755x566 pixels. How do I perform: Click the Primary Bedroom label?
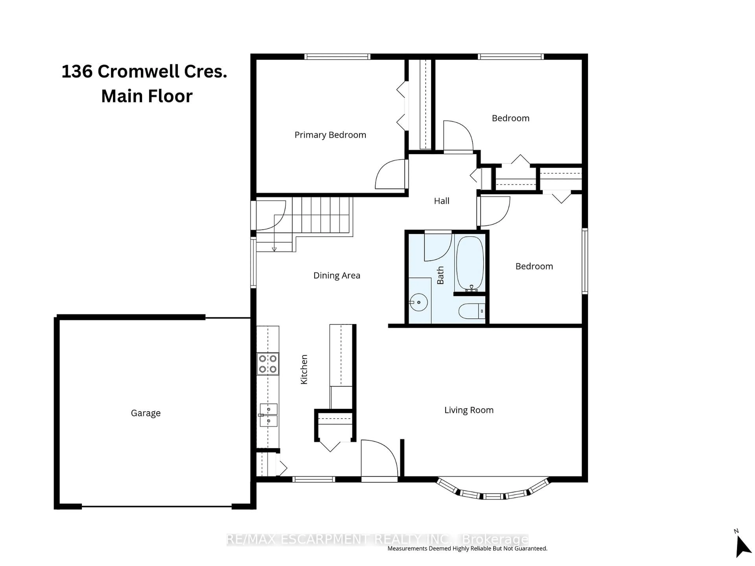330,135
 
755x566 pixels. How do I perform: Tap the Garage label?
145,413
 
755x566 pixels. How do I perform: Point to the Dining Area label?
337,275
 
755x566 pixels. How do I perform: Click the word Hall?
441,201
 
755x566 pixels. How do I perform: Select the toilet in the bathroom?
471,311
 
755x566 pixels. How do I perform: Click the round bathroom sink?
418,302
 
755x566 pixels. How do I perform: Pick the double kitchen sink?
268,415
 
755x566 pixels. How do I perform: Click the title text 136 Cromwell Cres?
144,72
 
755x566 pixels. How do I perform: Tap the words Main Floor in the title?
147,96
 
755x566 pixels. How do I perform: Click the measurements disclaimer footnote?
467,548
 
